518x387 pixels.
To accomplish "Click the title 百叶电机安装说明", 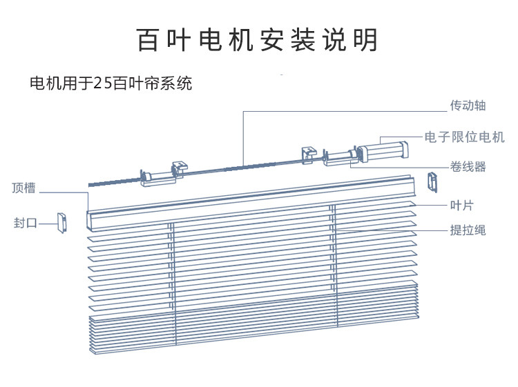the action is pyautogui.click(x=257, y=40).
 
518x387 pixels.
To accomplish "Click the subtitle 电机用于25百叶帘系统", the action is pyautogui.click(x=111, y=83).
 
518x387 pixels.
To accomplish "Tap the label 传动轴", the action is pyautogui.click(x=468, y=106).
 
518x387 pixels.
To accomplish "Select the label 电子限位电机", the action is pyautogui.click(x=465, y=137).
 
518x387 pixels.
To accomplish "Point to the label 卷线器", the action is pyautogui.click(x=468, y=167).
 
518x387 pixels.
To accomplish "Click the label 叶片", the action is pyautogui.click(x=462, y=205).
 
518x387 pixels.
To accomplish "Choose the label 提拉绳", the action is pyautogui.click(x=468, y=230).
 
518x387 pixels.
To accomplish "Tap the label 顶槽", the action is pyautogui.click(x=23, y=188).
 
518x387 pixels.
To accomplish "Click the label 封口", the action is pyautogui.click(x=26, y=223).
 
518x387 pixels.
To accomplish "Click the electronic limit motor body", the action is pyautogui.click(x=383, y=152).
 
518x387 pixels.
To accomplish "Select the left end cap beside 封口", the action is pyautogui.click(x=61, y=223).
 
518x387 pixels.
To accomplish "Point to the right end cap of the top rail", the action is pyautogui.click(x=433, y=182).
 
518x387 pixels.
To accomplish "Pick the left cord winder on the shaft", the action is pyautogui.click(x=157, y=178).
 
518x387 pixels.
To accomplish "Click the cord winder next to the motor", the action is pyautogui.click(x=340, y=158).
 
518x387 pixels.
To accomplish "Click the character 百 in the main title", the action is pyautogui.click(x=148, y=40).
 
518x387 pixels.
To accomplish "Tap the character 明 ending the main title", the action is pyautogui.click(x=366, y=40).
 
